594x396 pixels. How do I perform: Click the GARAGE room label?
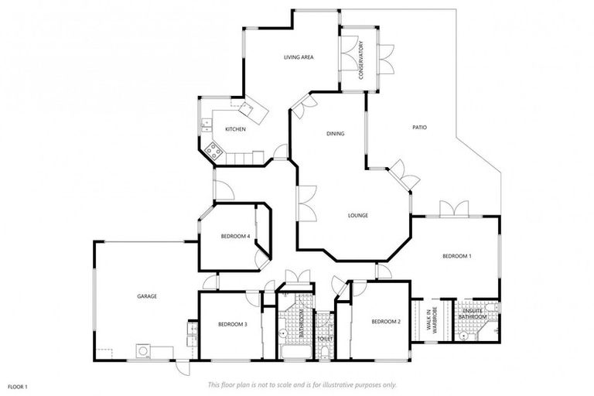pos(147,296)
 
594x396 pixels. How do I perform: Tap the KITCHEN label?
pos(235,129)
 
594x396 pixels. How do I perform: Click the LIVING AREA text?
pos(298,57)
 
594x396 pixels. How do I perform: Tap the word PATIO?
pos(419,128)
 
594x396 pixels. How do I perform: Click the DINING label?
pos(335,134)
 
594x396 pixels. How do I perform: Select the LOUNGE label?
pos(357,215)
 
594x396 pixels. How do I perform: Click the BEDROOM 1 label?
pos(456,256)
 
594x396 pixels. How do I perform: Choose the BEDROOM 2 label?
pos(385,322)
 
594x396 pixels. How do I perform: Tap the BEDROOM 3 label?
pos(232,324)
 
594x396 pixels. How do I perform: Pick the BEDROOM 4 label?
pos(235,236)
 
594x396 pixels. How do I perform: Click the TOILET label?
pos(326,339)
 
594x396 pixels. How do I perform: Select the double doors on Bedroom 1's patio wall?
pos(454,209)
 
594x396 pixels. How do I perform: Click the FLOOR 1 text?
pos(17,385)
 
